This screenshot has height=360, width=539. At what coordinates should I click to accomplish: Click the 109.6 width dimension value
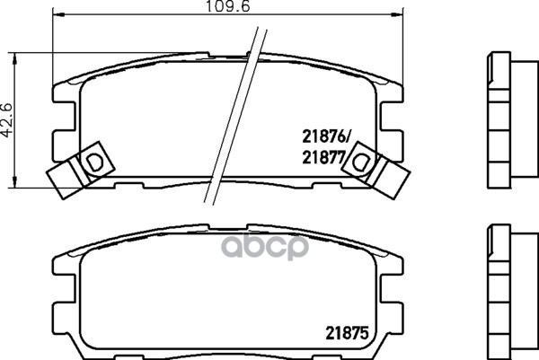228,6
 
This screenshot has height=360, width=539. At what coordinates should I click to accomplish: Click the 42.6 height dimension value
7,120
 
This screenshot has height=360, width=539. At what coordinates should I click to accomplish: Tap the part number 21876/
325,137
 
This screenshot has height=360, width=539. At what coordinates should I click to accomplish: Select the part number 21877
323,158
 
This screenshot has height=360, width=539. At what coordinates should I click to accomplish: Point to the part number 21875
347,333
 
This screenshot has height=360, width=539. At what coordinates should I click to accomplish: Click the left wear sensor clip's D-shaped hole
93,162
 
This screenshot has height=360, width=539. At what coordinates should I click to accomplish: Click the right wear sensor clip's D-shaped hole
360,162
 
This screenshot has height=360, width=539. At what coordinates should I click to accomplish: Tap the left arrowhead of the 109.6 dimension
58,14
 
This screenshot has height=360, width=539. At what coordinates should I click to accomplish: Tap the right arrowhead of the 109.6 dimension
397,14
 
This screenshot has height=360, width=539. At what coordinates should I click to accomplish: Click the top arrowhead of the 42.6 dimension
14,58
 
